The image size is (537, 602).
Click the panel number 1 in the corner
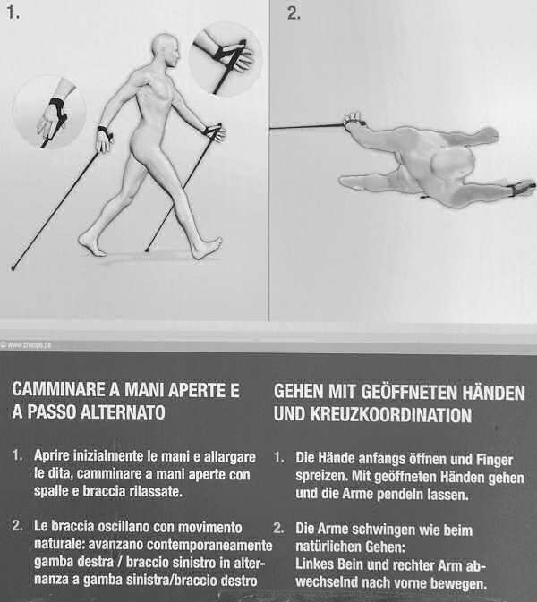[13, 13]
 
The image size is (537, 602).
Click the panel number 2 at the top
[294, 13]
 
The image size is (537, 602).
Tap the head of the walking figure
[166, 50]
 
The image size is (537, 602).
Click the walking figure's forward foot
[207, 248]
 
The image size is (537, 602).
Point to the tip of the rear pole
[13, 268]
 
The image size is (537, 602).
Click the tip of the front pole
[147, 250]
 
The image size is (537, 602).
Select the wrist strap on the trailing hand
[105, 131]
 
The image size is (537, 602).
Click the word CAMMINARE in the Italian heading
[59, 390]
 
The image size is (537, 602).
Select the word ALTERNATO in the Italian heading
[123, 412]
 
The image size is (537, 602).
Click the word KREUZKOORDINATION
[390, 415]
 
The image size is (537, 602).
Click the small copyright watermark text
[26, 345]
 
